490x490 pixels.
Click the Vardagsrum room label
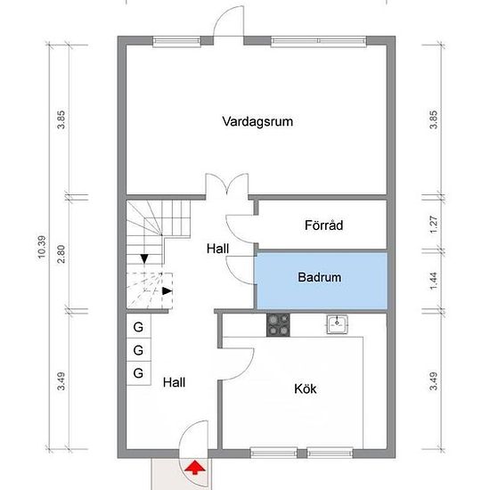tap(257, 122)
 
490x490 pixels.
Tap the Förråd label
tap(323, 225)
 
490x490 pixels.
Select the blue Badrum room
tap(322, 281)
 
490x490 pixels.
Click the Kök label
tap(306, 388)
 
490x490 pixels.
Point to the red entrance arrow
tap(195, 468)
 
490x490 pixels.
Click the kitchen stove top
tap(278, 325)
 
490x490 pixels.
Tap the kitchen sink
tap(337, 324)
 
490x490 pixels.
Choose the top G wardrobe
tap(138, 326)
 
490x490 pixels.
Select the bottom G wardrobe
tap(138, 373)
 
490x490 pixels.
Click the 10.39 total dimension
tap(42, 247)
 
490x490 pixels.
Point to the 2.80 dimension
tap(61, 254)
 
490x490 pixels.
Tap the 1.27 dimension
tap(434, 225)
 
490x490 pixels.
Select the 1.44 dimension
tap(434, 281)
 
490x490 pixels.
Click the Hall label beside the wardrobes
tap(174, 382)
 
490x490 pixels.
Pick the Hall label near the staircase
tap(217, 249)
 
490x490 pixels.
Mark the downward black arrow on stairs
tap(144, 258)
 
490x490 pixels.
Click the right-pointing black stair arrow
tap(167, 291)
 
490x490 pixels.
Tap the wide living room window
tap(318, 41)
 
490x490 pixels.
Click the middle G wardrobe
tap(138, 350)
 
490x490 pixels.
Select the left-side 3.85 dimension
tap(61, 119)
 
